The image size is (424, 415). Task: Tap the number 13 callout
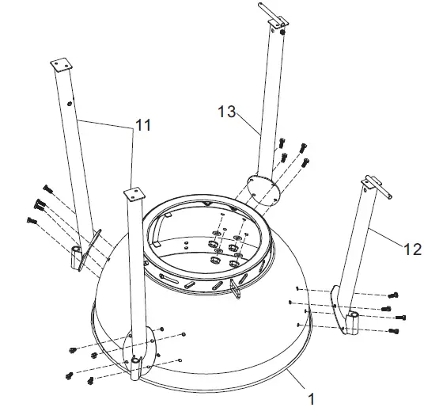[227, 112]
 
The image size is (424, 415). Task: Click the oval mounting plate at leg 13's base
[259, 190]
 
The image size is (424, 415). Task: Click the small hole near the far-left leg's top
[69, 104]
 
